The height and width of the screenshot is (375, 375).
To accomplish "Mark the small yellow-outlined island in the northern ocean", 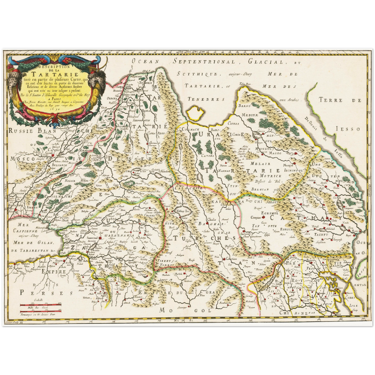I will pos(196,113).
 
